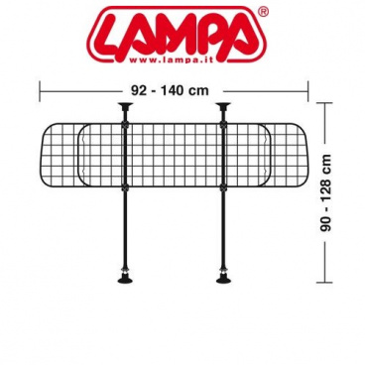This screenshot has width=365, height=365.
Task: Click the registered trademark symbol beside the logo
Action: pyautogui.click(x=263, y=12)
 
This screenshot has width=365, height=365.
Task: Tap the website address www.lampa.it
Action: pyautogui.click(x=171, y=60)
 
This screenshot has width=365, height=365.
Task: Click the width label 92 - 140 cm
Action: pyautogui.click(x=170, y=90)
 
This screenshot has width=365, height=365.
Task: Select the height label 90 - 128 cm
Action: pyautogui.click(x=326, y=192)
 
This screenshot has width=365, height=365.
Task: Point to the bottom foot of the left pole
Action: pyautogui.click(x=125, y=279)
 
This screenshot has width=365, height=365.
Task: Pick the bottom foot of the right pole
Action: pyautogui.click(x=223, y=279)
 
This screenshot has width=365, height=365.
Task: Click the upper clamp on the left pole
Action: pyautogui.click(x=125, y=125)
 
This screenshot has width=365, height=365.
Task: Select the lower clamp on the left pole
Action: pyautogui.click(x=125, y=188)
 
